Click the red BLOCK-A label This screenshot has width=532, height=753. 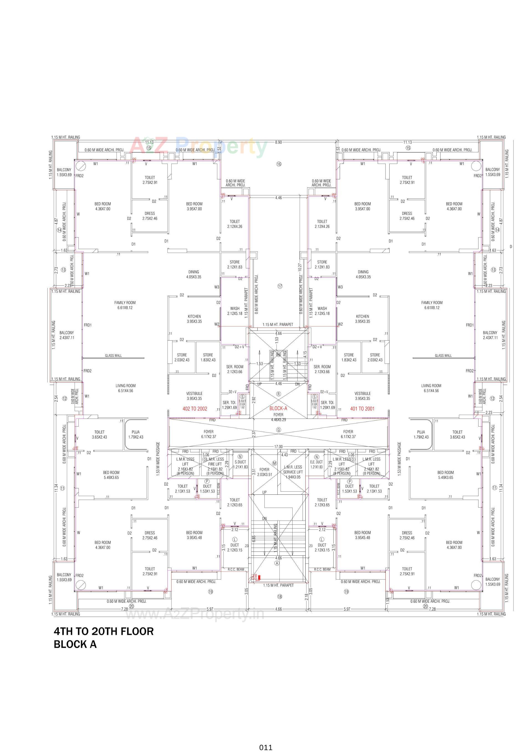(278, 408)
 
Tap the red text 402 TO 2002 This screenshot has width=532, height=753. (195, 409)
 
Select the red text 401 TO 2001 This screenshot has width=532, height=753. (362, 409)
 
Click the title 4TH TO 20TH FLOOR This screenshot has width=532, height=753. (104, 631)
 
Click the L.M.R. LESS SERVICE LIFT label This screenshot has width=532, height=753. (293, 472)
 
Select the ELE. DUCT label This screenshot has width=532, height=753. (316, 462)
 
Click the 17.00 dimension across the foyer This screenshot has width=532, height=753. (278, 447)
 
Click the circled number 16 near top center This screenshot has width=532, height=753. (279, 164)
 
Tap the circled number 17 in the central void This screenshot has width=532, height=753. (280, 286)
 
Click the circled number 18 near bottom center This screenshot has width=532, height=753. (280, 597)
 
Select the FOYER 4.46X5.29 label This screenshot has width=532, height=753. (278, 417)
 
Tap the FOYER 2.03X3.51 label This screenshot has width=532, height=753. (264, 472)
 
